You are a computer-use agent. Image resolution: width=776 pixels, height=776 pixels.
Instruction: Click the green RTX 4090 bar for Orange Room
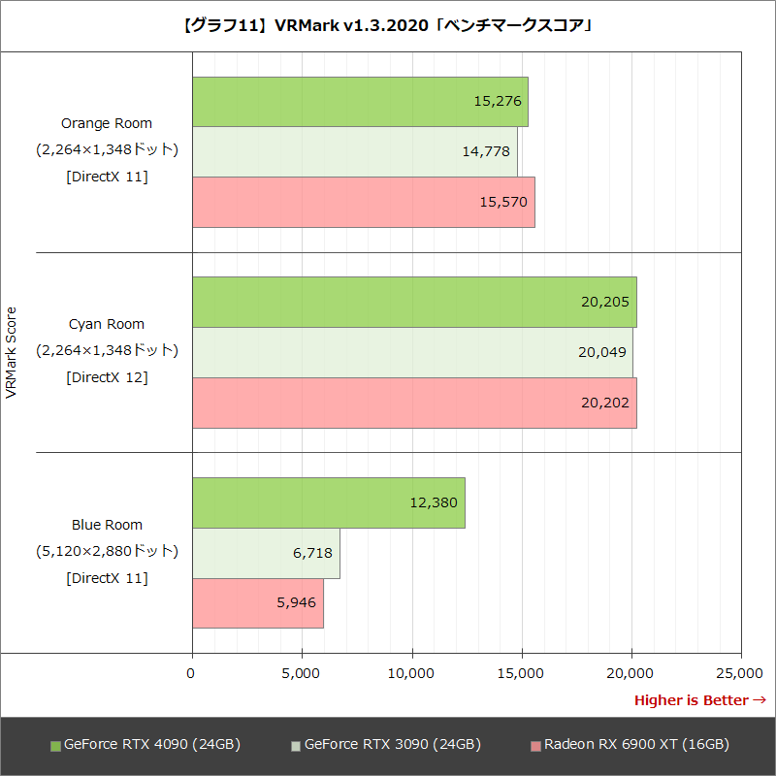[x=359, y=102]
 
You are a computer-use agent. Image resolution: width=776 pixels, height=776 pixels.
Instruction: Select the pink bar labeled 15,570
[x=363, y=202]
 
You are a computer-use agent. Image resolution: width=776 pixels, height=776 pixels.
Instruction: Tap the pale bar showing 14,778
[x=354, y=151]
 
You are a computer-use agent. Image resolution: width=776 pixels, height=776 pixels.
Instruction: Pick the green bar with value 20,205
[x=414, y=302]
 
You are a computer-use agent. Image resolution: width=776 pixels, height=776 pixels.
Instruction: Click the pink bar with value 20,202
[x=414, y=403]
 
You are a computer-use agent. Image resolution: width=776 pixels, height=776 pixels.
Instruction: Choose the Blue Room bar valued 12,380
[x=328, y=502]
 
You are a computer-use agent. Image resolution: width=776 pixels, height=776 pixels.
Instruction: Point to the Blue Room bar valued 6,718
[x=266, y=553]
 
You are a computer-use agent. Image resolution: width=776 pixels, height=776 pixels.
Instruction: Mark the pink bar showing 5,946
[x=257, y=602]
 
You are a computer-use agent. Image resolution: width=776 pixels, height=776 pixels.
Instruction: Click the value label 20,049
[x=602, y=352]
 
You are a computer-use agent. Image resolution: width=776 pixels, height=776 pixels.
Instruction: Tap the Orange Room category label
[x=107, y=123]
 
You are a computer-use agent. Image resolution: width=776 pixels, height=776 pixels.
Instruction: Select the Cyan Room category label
[x=107, y=324]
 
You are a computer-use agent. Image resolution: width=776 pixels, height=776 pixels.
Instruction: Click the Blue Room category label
[x=107, y=525]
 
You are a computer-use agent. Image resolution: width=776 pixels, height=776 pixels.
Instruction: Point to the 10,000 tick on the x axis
[x=412, y=671]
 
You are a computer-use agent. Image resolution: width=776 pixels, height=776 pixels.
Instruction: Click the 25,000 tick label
[x=741, y=671]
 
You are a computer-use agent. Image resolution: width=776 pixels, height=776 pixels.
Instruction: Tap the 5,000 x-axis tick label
[x=302, y=671]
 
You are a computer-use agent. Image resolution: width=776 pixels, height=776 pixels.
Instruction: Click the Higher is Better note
[x=699, y=700]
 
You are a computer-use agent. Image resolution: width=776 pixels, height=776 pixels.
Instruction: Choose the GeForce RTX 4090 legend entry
[x=145, y=745]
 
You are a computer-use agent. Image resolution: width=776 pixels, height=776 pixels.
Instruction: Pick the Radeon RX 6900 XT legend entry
[x=630, y=745]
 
